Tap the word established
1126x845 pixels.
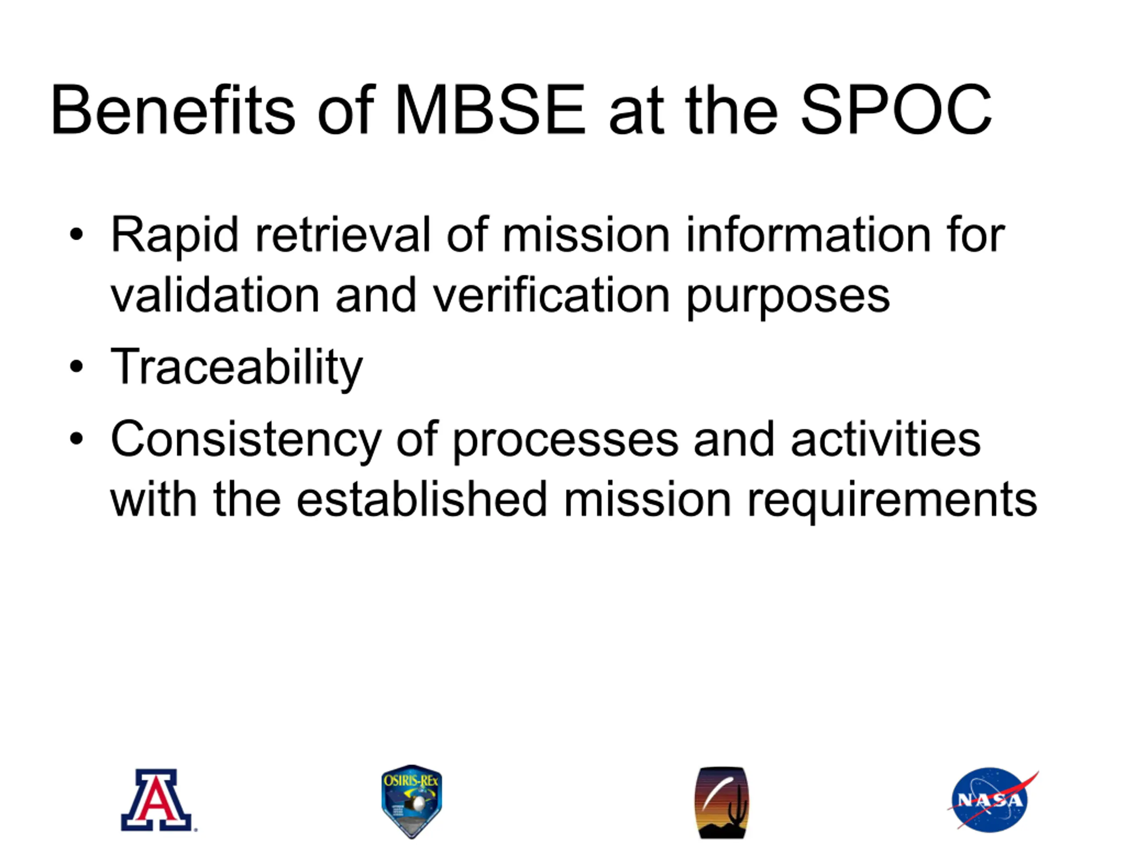421,499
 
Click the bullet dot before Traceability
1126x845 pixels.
77,366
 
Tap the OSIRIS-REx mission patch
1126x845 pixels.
412,801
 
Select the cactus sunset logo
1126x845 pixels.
722,802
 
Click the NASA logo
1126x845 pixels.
991,800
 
